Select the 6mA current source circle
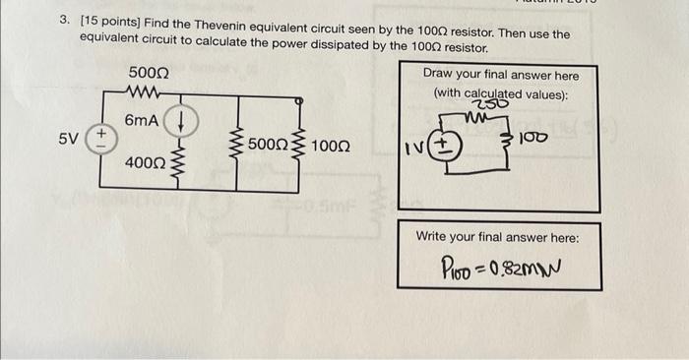(x=181, y=123)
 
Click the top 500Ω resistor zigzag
(x=148, y=95)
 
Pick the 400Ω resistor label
(x=145, y=160)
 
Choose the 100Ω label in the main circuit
(x=330, y=146)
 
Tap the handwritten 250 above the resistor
(x=485, y=106)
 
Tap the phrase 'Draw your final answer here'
(x=501, y=75)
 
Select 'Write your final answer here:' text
(x=498, y=237)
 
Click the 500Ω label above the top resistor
(x=149, y=74)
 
